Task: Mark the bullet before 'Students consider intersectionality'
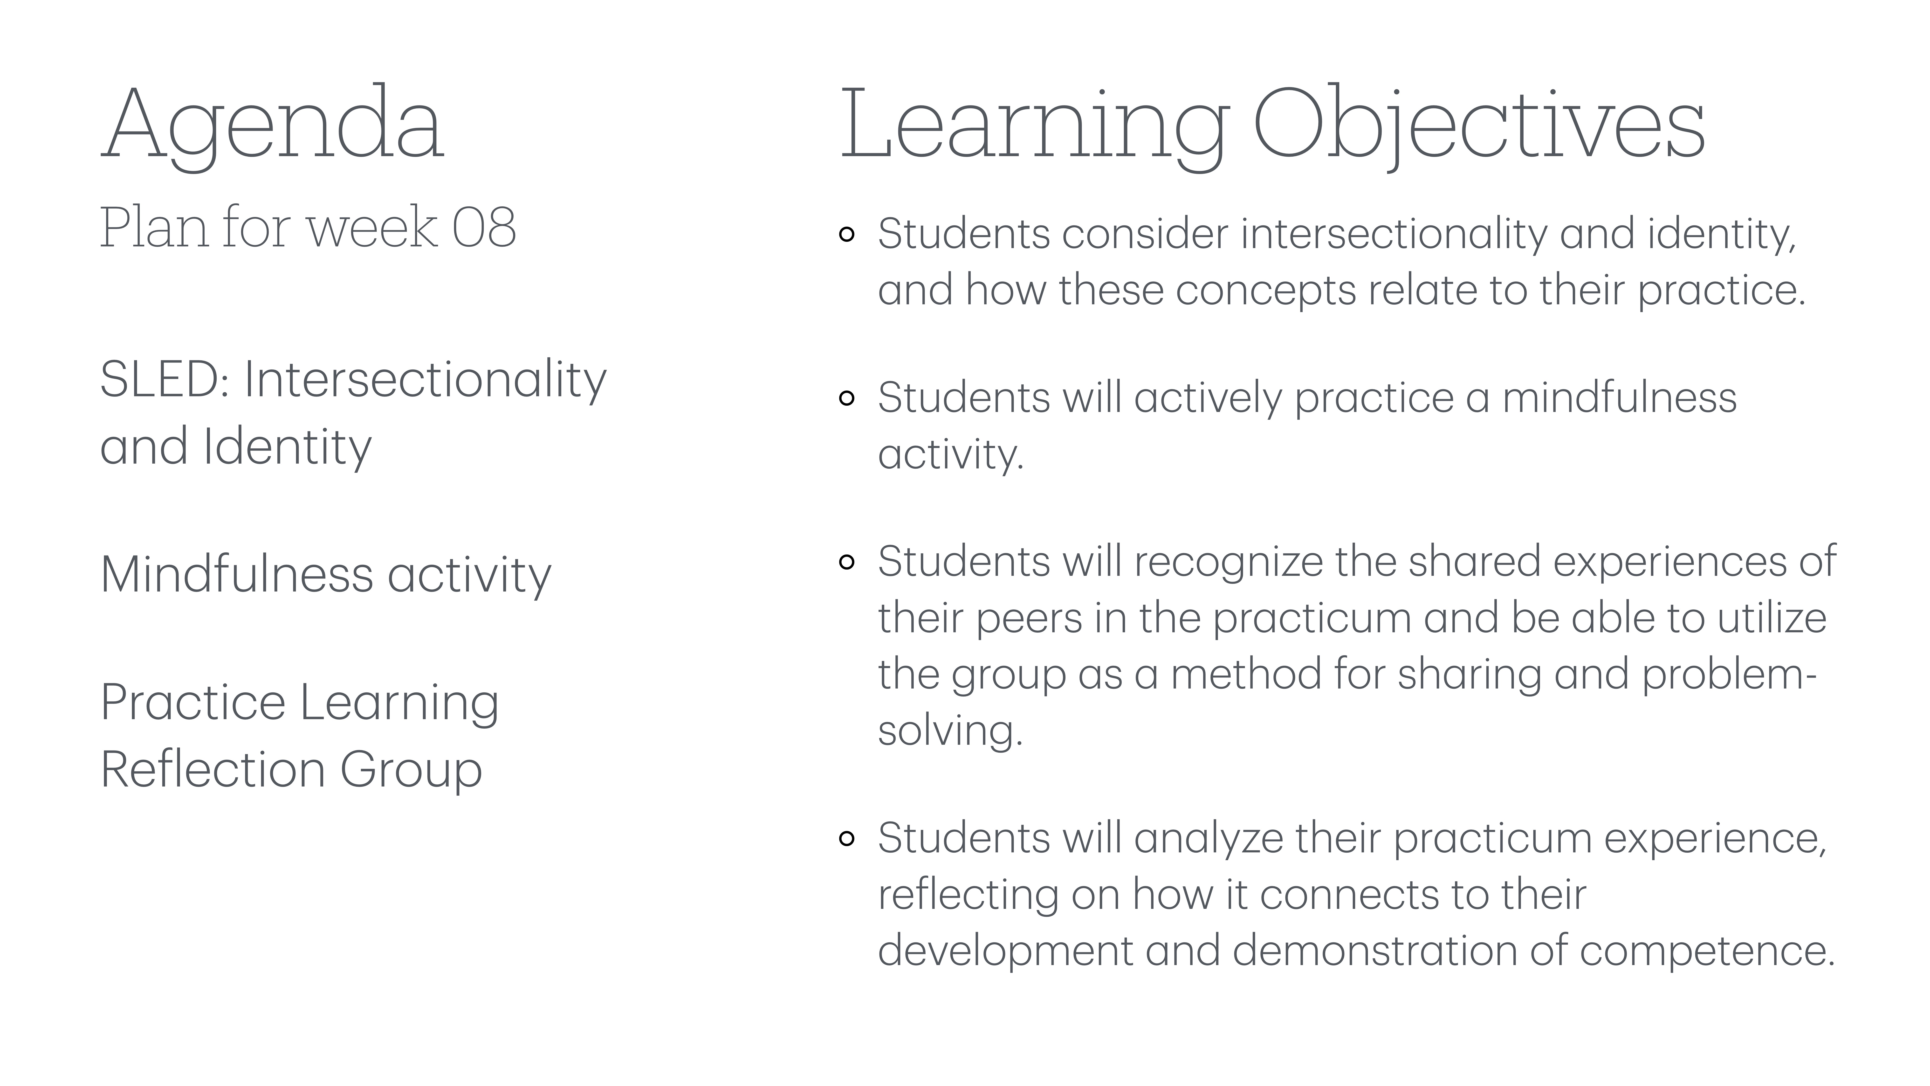click(x=847, y=235)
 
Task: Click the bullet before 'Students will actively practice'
click(x=847, y=399)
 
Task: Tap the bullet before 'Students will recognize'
click(x=847, y=562)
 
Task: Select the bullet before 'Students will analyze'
click(x=847, y=839)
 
